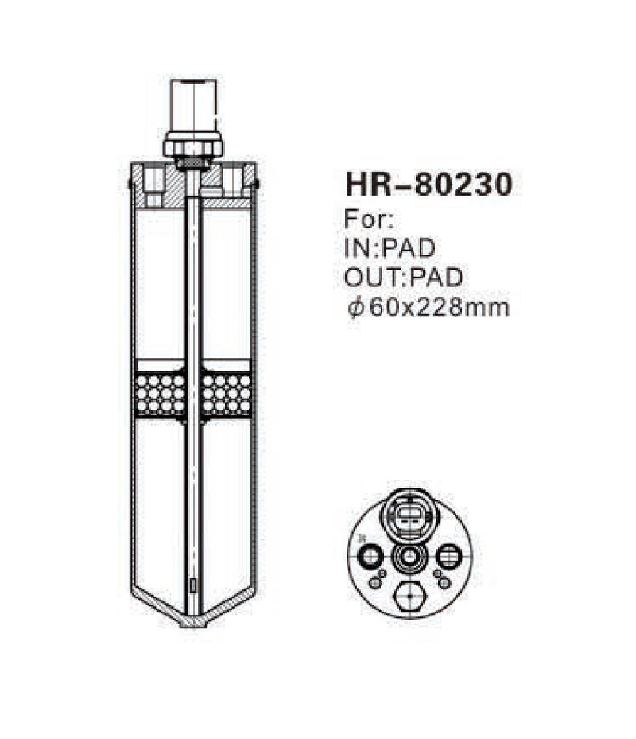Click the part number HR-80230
(x=428, y=185)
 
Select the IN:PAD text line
(x=390, y=247)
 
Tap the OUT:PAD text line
(x=405, y=277)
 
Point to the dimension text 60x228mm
(x=436, y=307)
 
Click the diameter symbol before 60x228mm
(x=355, y=307)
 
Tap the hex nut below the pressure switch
(x=193, y=146)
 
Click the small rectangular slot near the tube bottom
(x=193, y=586)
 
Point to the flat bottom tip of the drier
(x=193, y=623)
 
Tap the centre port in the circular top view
(x=409, y=556)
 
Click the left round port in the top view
(x=370, y=556)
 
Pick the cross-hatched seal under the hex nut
(x=193, y=165)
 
